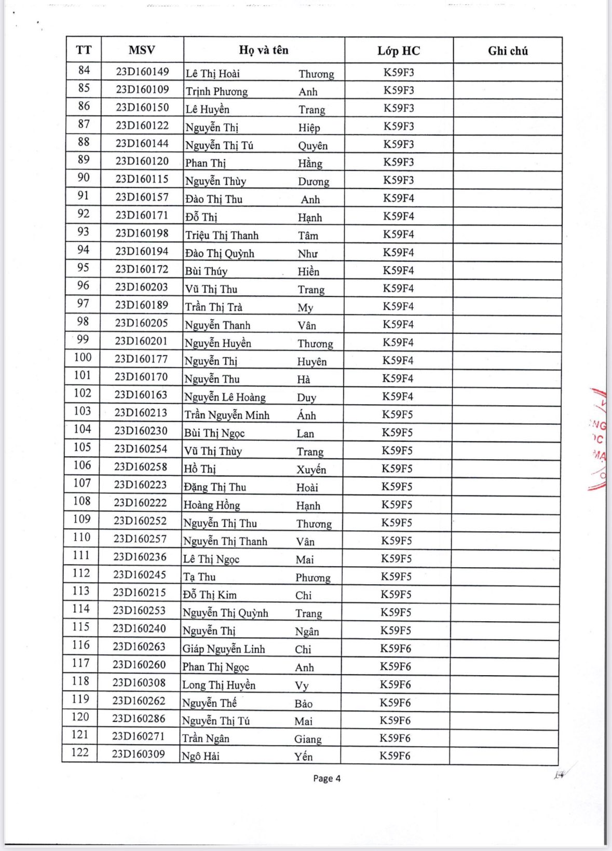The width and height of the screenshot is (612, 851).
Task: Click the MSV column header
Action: (x=142, y=50)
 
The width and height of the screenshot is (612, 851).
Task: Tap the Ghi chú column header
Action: (x=508, y=51)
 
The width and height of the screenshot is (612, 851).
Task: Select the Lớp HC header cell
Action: (x=399, y=51)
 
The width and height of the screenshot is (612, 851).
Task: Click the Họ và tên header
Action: (x=264, y=50)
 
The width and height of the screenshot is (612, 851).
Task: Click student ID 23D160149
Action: (x=142, y=72)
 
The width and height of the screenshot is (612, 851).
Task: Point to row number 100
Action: (x=83, y=358)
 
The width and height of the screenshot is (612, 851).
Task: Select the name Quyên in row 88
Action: (x=312, y=146)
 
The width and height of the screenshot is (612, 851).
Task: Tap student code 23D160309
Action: (x=139, y=754)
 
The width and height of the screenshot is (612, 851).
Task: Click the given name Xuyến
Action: (x=311, y=470)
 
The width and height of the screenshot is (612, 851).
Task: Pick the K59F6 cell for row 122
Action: (x=395, y=756)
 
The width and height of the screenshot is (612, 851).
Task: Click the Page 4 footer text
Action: (x=327, y=778)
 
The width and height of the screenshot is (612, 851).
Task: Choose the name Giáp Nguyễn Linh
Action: (x=223, y=649)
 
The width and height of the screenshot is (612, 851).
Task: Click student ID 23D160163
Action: (x=141, y=395)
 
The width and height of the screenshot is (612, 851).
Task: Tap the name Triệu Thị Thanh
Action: (x=222, y=236)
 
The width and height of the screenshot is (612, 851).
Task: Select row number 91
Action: (x=84, y=196)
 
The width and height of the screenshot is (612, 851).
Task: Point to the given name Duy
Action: (x=306, y=397)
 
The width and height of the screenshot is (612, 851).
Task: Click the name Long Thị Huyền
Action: (x=219, y=685)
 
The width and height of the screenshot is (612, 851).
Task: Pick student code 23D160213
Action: (x=141, y=413)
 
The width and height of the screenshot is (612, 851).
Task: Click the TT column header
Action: (x=84, y=50)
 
